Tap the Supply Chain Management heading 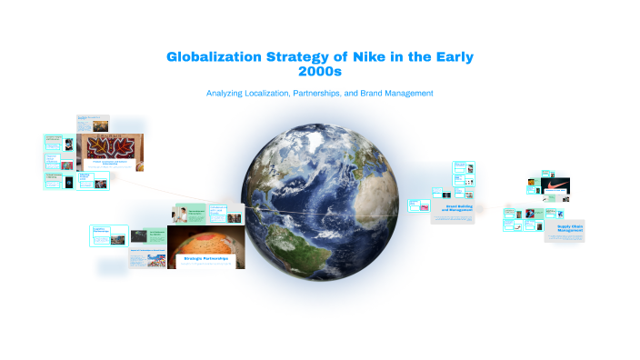click(x=564, y=227)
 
